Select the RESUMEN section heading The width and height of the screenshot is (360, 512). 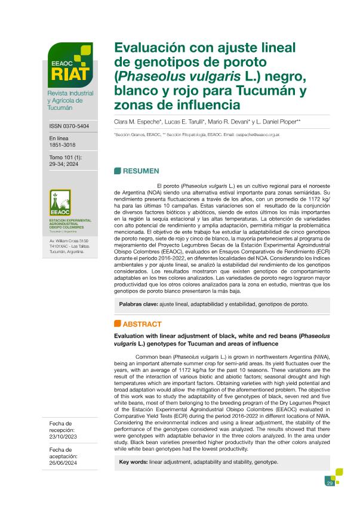click(x=140, y=171)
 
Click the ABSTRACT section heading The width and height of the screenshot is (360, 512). click(x=141, y=324)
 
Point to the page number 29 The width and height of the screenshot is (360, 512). click(x=329, y=483)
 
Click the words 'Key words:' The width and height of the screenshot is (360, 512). click(x=134, y=462)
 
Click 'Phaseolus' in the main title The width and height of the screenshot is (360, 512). click(x=147, y=77)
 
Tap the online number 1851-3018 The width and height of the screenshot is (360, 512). click(x=62, y=144)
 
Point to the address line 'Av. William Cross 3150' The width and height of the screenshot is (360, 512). click(x=68, y=240)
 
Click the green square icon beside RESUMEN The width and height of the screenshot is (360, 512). click(x=117, y=171)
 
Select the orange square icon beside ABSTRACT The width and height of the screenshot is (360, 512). click(x=117, y=324)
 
